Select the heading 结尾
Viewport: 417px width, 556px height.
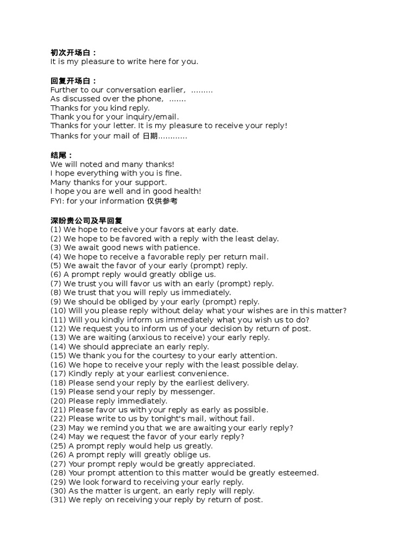click(61, 155)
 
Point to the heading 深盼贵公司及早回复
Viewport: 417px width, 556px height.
click(86, 220)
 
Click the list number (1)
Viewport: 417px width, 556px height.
click(56, 230)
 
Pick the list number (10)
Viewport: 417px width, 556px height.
click(58, 311)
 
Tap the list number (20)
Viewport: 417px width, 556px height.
click(58, 401)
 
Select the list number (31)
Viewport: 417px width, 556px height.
click(58, 500)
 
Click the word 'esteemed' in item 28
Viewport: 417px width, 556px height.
click(299, 473)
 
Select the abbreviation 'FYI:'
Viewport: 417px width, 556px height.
click(58, 201)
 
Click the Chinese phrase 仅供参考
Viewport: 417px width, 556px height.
click(162, 201)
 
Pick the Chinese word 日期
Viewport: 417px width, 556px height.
click(149, 136)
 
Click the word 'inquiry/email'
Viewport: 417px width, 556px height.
click(154, 117)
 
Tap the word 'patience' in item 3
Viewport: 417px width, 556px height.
click(182, 248)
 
